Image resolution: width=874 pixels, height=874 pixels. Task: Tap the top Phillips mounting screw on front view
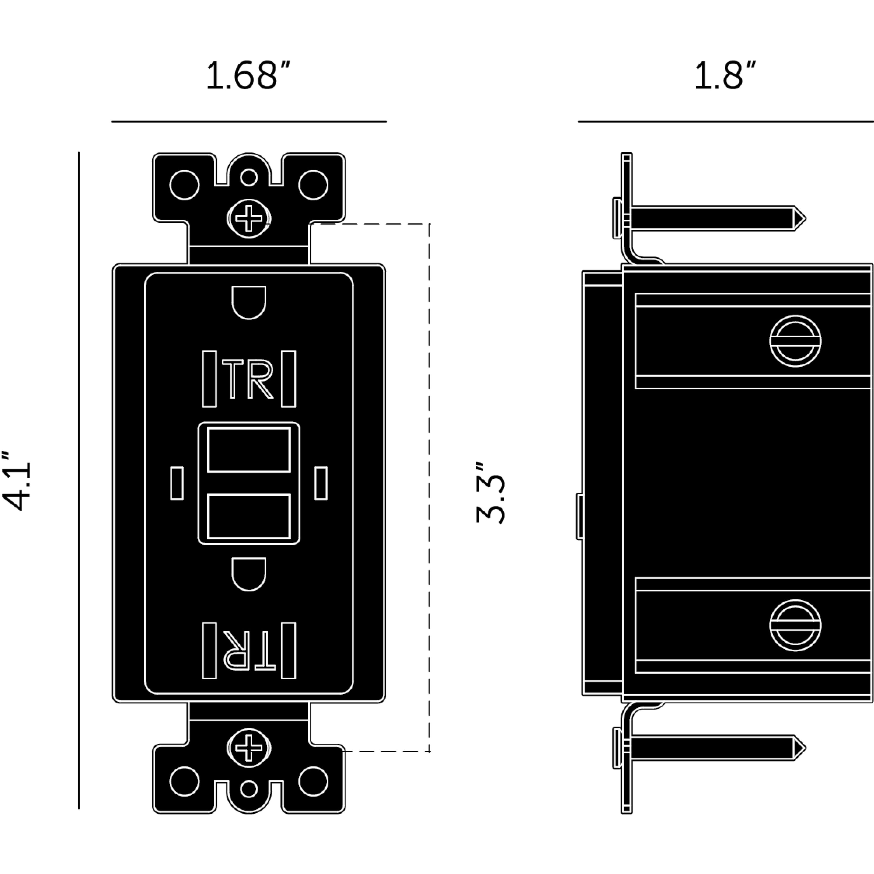pos(249,218)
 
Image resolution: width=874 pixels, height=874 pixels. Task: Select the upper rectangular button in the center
pos(249,450)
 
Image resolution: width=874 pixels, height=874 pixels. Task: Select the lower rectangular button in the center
pos(249,517)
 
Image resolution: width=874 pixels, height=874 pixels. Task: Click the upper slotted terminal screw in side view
pos(795,341)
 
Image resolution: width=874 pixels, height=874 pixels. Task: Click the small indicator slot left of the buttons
pos(177,483)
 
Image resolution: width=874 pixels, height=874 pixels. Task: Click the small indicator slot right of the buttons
pos(321,483)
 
